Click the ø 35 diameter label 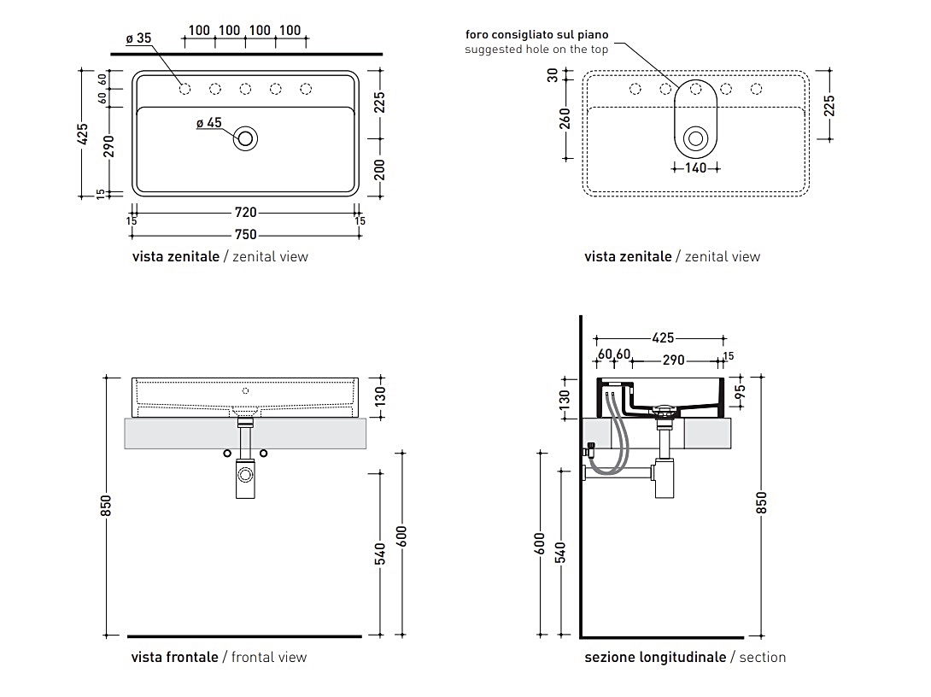[138, 38]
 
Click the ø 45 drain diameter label [208, 123]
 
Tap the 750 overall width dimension [245, 235]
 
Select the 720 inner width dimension [245, 213]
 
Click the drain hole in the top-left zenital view [247, 138]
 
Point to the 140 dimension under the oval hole [696, 168]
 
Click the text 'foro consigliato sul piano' [536, 35]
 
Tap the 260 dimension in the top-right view [565, 117]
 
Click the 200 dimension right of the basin [381, 169]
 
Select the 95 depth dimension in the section [741, 392]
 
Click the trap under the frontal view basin [245, 476]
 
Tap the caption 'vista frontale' [175, 657]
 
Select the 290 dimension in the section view [673, 360]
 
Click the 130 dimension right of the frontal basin [381, 395]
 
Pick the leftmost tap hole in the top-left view [184, 89]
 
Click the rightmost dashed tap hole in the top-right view [757, 89]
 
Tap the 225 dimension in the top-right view [829, 105]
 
